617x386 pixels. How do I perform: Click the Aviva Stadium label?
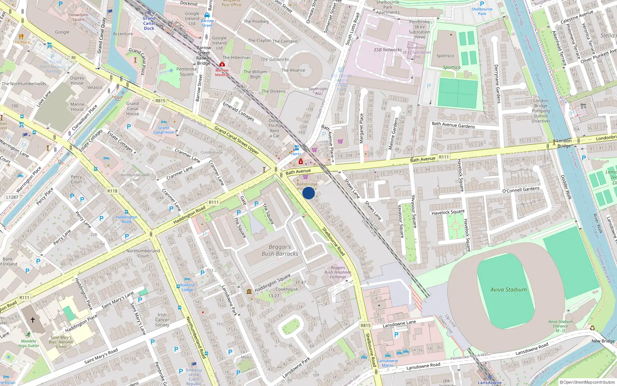[x=508, y=289]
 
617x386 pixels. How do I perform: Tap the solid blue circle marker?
[x=308, y=193]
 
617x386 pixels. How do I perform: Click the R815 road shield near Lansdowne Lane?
[x=366, y=325]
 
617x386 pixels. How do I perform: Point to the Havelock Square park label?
[x=448, y=212]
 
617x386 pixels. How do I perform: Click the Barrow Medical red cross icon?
[x=222, y=64]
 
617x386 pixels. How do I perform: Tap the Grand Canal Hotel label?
[x=164, y=130]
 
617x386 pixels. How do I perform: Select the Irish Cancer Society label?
[x=162, y=320]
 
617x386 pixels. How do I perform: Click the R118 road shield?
[x=113, y=191]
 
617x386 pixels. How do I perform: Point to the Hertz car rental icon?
[x=297, y=148]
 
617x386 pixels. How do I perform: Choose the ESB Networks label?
[x=388, y=50]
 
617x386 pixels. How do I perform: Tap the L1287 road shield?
[x=12, y=197]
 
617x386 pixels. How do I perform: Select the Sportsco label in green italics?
[x=452, y=67]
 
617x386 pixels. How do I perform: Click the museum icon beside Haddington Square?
[x=249, y=291]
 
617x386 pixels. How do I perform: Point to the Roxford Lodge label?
[x=187, y=287]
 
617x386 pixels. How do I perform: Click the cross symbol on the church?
[x=33, y=320]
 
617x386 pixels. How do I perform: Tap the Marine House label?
[x=77, y=107]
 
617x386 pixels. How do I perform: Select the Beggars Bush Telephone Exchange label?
[x=337, y=272]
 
